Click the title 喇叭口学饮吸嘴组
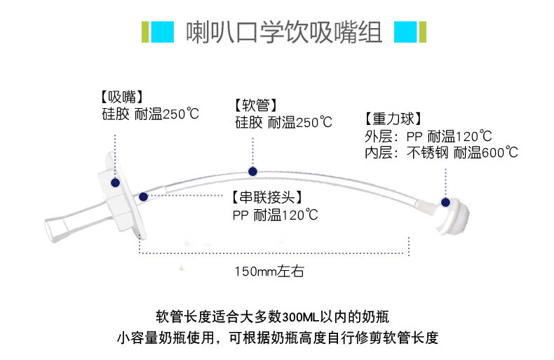click(x=284, y=32)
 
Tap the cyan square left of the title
click(x=163, y=32)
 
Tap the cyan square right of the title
click(x=405, y=32)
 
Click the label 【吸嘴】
click(x=122, y=97)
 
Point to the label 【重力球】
click(x=393, y=119)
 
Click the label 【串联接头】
click(x=267, y=197)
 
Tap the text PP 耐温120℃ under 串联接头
click(x=275, y=215)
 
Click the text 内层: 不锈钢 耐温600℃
click(x=441, y=153)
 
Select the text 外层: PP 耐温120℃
click(x=428, y=137)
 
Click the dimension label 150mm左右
click(x=269, y=272)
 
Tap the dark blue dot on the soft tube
click(x=252, y=171)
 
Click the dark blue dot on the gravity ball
click(x=445, y=202)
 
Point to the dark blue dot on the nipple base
click(x=115, y=183)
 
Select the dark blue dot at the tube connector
click(x=143, y=196)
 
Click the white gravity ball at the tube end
click(x=453, y=215)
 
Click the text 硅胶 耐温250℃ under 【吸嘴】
click(x=150, y=114)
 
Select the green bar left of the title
click(x=145, y=32)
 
